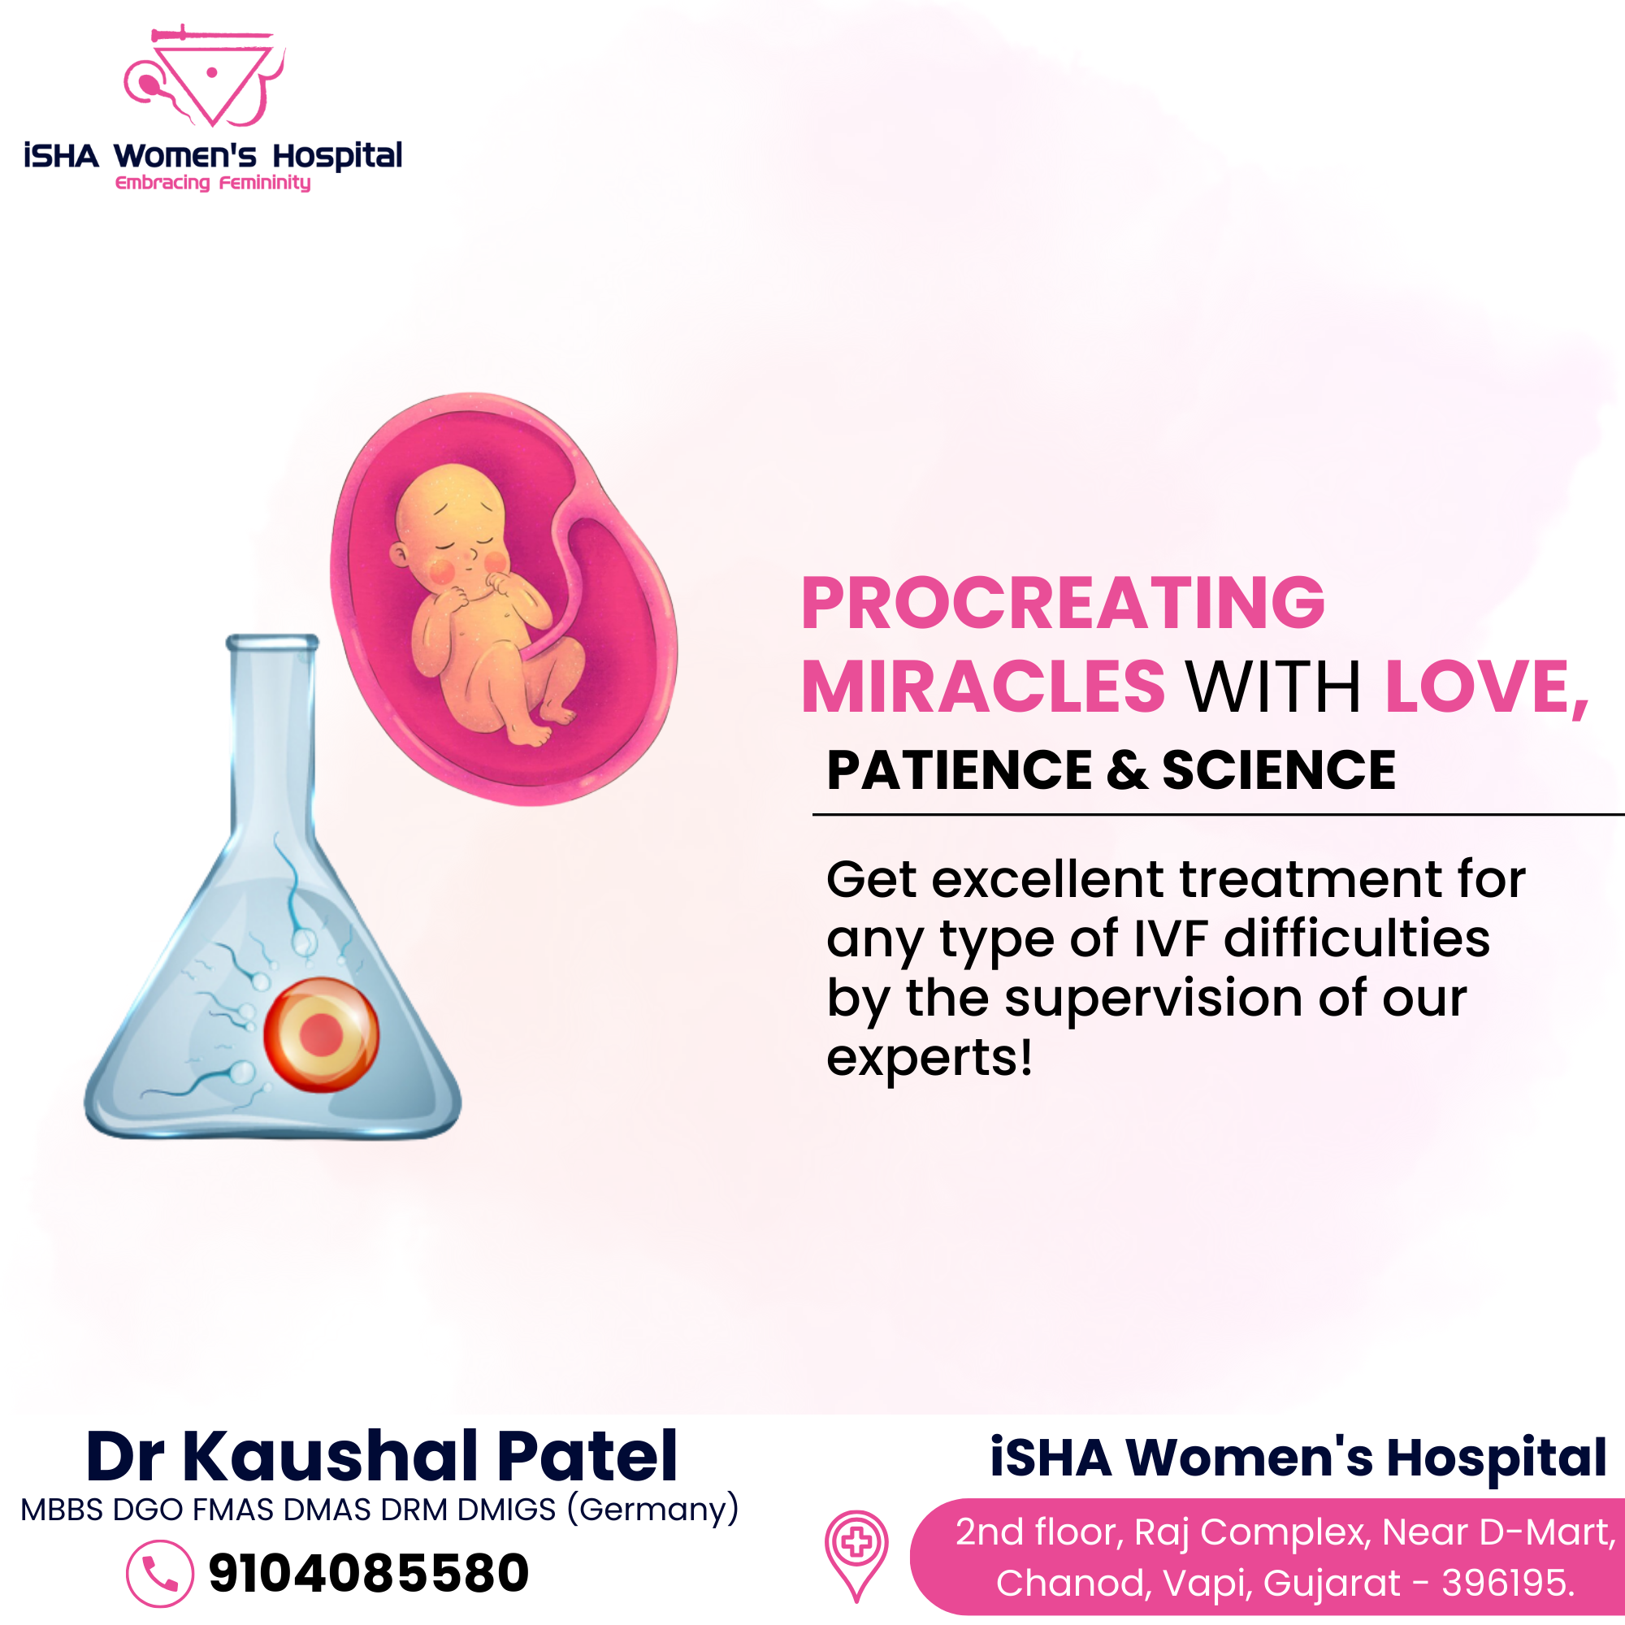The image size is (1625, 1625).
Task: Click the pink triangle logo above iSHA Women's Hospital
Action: tap(206, 77)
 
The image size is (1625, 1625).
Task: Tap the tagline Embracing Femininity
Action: tap(213, 183)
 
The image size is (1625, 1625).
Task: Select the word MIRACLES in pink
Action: tap(983, 687)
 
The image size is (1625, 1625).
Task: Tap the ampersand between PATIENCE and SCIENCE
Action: tap(1127, 769)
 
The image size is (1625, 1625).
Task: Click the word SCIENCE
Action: tap(1278, 769)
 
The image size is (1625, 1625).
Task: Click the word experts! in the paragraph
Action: tap(929, 1057)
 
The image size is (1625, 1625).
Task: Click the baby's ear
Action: tap(400, 554)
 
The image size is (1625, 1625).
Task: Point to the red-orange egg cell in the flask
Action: tap(321, 1034)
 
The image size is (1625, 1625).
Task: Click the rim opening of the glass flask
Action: tap(272, 643)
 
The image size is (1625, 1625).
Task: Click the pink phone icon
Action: tap(160, 1574)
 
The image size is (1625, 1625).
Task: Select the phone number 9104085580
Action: tap(368, 1573)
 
